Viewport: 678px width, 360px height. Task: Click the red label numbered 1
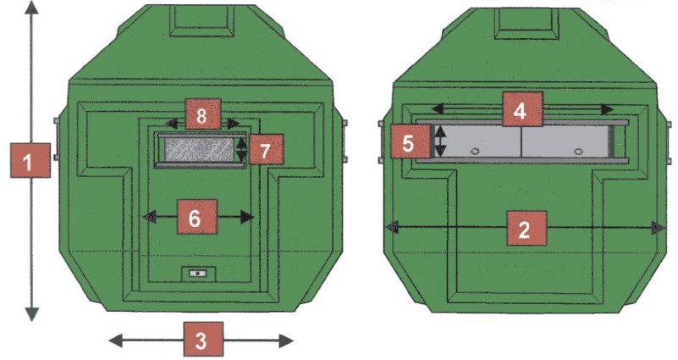pos(30,160)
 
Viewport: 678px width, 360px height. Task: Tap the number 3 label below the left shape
pos(201,340)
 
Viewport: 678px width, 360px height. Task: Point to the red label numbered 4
pos(521,109)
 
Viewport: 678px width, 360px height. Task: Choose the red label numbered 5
pos(408,141)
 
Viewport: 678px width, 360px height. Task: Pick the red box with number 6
pos(195,217)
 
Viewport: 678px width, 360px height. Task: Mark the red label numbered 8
pos(201,114)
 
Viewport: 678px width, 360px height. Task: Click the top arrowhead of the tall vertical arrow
pos(32,8)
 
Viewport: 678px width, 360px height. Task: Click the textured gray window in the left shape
pos(201,149)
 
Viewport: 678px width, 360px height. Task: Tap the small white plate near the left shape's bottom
pos(200,274)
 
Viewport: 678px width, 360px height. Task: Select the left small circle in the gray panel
pos(474,150)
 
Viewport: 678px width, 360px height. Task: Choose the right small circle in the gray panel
pos(578,151)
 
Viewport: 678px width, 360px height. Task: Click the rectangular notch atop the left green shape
pos(201,19)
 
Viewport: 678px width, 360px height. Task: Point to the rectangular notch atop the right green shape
pos(524,19)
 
